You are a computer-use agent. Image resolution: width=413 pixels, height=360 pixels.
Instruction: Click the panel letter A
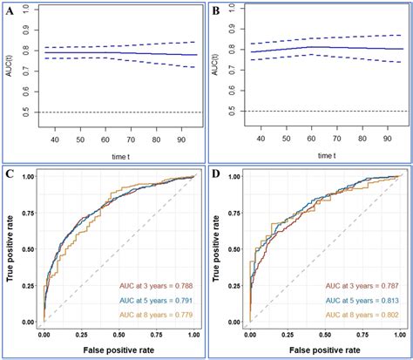(x=10, y=11)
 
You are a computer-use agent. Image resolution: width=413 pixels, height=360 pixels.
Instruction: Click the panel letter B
(x=218, y=11)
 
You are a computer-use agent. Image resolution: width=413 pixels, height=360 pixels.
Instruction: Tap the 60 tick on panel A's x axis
(x=104, y=139)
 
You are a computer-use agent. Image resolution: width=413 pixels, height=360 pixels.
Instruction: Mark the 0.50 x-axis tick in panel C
(x=110, y=334)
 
